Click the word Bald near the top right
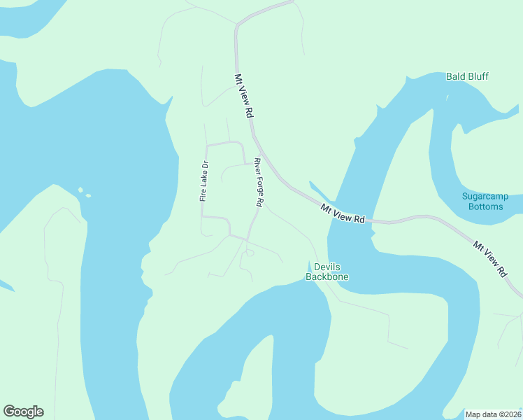click(457, 76)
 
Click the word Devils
click(327, 267)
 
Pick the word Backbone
click(327, 276)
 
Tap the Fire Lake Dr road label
click(204, 182)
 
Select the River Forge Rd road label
click(259, 182)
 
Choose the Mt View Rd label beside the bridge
click(343, 213)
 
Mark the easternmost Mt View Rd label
click(489, 259)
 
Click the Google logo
click(23, 412)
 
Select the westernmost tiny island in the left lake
click(80, 189)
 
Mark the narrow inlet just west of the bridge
click(319, 191)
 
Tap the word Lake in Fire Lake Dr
click(204, 181)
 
